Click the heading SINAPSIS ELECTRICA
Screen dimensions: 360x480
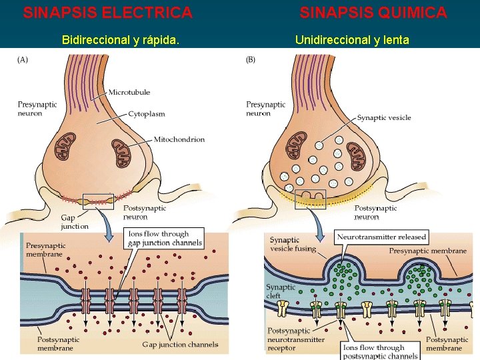(107, 13)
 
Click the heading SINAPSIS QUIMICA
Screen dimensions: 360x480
(373, 13)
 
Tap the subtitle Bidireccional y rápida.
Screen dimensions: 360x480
(120, 40)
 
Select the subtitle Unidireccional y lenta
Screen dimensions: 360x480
(352, 40)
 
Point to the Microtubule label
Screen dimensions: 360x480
(129, 91)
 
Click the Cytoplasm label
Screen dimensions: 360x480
(146, 114)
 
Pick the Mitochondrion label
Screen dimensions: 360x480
(179, 139)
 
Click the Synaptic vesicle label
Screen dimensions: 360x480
(383, 118)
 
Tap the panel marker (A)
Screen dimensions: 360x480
(23, 60)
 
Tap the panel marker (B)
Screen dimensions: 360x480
(251, 60)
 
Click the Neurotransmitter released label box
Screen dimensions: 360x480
(382, 237)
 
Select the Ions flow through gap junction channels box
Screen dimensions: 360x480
(165, 238)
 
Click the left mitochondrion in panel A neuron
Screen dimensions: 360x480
(66, 146)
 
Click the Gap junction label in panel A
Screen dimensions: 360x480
(74, 221)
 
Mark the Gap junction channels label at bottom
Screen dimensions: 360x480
(180, 345)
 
